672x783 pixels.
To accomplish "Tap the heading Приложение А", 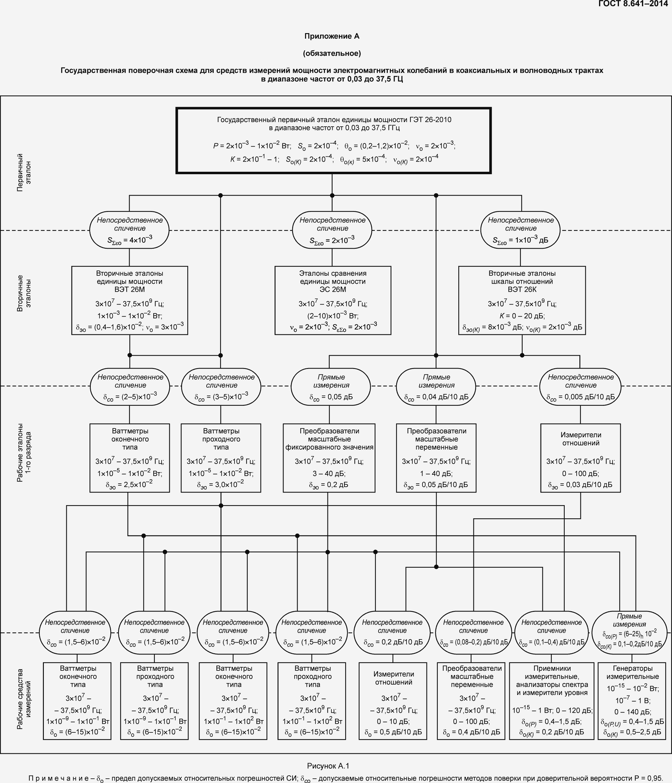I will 332,36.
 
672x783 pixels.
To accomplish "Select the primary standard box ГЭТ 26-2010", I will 334,140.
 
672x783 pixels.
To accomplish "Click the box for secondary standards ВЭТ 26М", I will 130,301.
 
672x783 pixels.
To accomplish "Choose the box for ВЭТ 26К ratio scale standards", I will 522,301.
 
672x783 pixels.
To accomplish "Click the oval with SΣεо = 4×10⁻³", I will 129,230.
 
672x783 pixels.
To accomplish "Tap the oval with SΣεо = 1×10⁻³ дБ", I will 520,230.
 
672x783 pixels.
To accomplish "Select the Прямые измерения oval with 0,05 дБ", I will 331,386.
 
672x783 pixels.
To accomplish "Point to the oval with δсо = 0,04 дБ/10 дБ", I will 436,386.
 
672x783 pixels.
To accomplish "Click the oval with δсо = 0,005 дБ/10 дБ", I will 580,386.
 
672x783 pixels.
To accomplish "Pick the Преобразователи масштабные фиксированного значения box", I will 329,458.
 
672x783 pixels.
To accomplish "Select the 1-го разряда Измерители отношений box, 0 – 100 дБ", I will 580,458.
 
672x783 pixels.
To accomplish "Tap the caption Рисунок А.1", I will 328,766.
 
